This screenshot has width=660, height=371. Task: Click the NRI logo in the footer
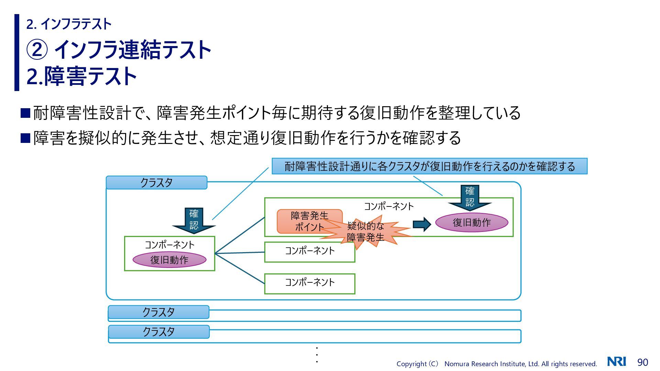click(x=616, y=361)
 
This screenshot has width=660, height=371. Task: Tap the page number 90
click(x=642, y=362)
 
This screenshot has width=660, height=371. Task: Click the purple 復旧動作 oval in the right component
click(x=472, y=223)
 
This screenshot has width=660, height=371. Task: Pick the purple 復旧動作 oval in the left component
click(x=169, y=260)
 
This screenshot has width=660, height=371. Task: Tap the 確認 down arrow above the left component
click(x=194, y=220)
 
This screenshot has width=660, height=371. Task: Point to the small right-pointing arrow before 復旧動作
click(x=421, y=224)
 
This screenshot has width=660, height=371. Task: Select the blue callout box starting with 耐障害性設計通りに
click(x=429, y=166)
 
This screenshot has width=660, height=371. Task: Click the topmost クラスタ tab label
click(x=156, y=183)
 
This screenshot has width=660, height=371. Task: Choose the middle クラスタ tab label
click(x=158, y=312)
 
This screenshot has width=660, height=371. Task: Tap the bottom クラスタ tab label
click(x=158, y=332)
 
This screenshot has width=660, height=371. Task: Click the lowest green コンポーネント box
click(x=309, y=283)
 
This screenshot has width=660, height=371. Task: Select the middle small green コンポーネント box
click(x=309, y=252)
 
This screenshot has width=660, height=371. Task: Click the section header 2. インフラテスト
click(x=69, y=24)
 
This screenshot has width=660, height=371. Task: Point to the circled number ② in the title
click(x=37, y=49)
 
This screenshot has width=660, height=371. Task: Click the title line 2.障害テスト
click(x=82, y=76)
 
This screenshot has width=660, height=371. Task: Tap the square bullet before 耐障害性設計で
click(x=25, y=113)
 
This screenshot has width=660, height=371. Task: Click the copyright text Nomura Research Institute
click(x=497, y=364)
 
